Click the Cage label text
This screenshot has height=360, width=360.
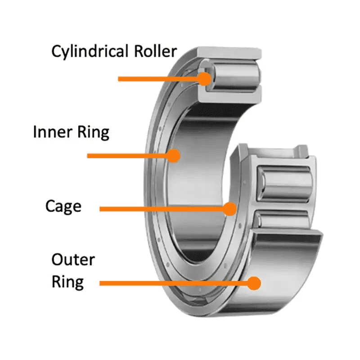click(63, 207)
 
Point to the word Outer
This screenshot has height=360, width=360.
click(73, 260)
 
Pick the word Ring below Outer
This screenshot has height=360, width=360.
click(67, 282)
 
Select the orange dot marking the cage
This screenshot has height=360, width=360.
click(230, 209)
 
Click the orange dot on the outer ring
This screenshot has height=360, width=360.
click(255, 283)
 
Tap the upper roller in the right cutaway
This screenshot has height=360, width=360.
click(283, 182)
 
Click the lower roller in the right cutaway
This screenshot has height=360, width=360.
click(283, 219)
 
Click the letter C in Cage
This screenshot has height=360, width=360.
click(50, 207)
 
